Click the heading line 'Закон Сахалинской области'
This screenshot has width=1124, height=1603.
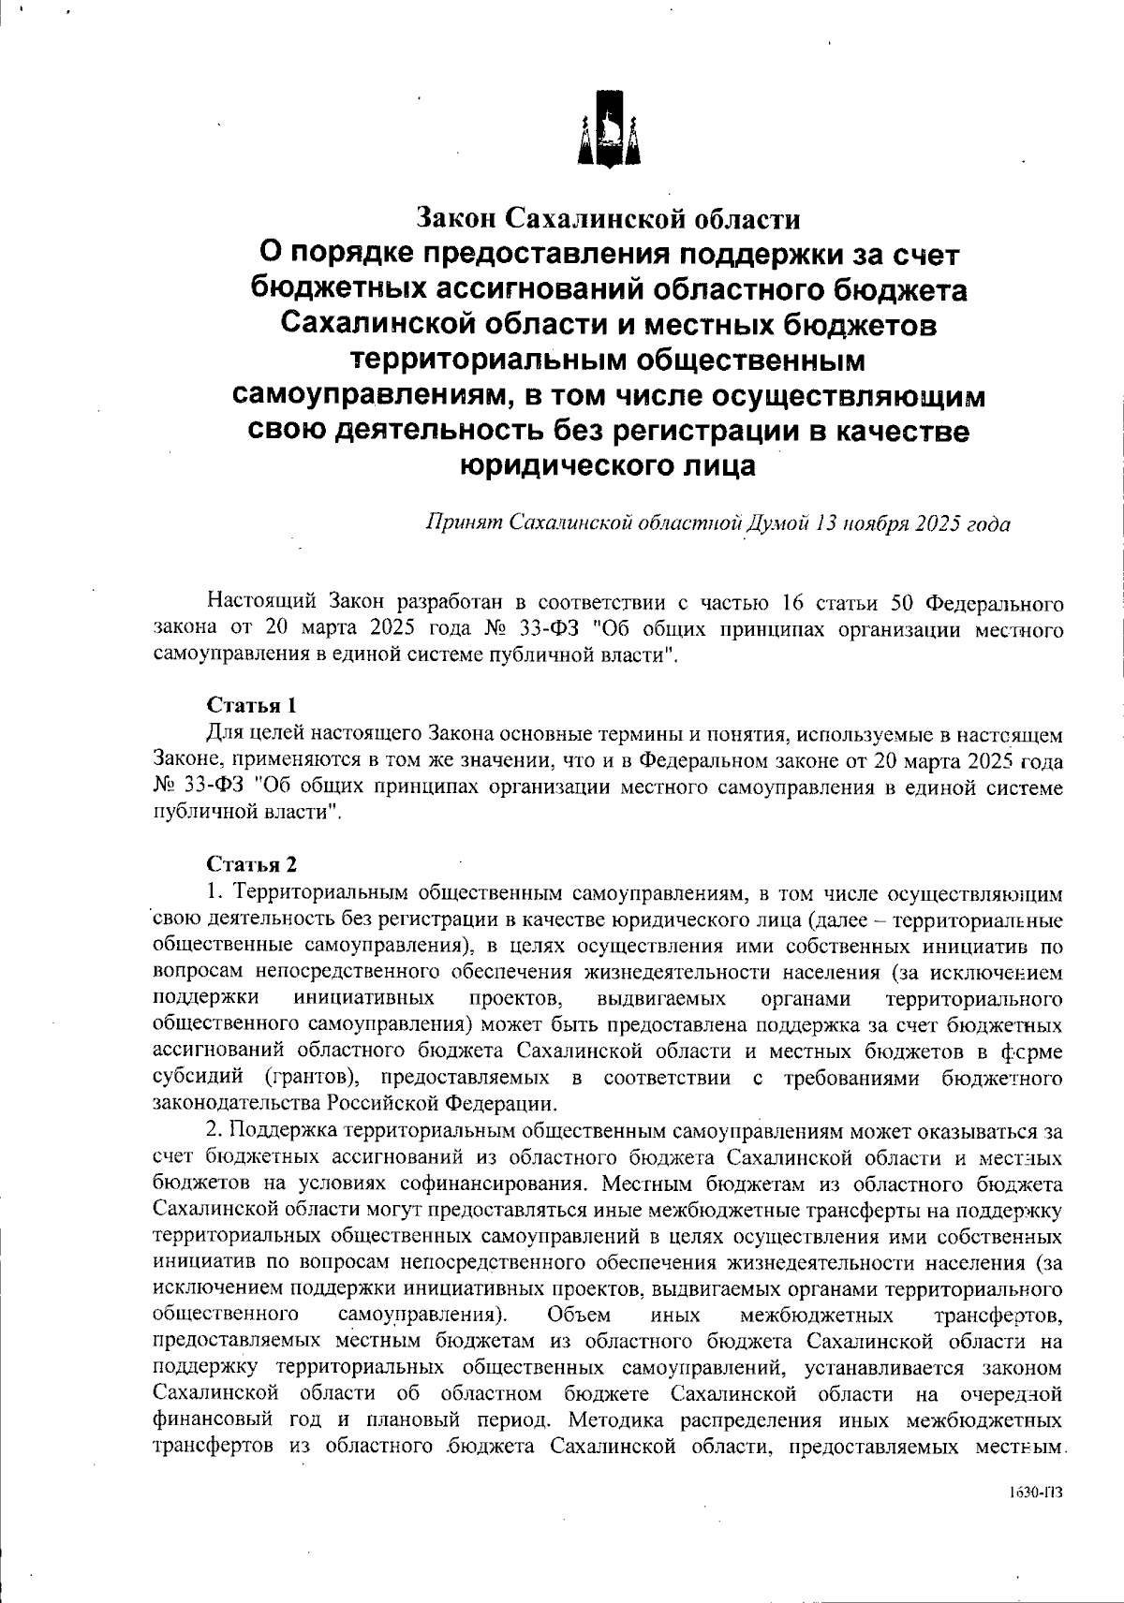pos(609,219)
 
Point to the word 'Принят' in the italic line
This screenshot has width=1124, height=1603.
pos(457,523)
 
